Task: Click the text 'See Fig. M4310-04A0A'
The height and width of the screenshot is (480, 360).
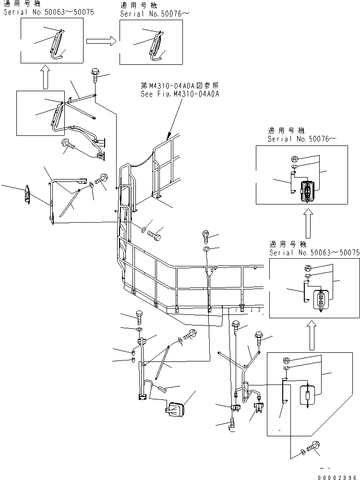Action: tap(180, 94)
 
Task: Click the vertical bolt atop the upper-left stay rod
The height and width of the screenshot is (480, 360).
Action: tap(94, 76)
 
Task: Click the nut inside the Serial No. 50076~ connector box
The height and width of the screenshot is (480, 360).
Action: tap(294, 159)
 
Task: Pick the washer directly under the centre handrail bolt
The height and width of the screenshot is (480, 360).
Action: tap(206, 250)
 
